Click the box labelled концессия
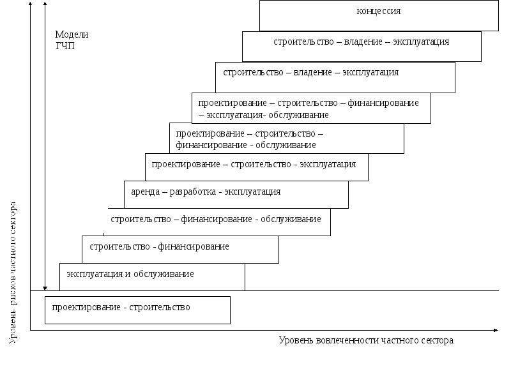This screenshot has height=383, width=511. [379, 15]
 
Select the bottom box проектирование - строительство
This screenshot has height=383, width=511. [137, 310]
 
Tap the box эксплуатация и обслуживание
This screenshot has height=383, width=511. [152, 277]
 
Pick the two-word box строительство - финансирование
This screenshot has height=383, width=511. [180, 250]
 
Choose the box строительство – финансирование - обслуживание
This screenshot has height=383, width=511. [219, 222]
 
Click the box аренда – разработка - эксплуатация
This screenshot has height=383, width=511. [236, 195]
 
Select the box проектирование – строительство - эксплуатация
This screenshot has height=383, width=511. [257, 167]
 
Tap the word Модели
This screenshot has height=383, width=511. [72, 34]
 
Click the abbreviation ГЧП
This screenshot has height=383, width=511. [65, 46]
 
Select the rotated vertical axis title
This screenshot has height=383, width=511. [12, 273]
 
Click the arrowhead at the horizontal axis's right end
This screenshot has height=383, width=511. [496, 330]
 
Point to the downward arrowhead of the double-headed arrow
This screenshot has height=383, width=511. [45, 289]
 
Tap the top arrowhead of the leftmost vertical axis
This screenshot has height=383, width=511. [30, 3]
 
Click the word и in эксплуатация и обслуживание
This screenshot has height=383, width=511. [128, 274]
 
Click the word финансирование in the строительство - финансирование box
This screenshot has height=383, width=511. [194, 247]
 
